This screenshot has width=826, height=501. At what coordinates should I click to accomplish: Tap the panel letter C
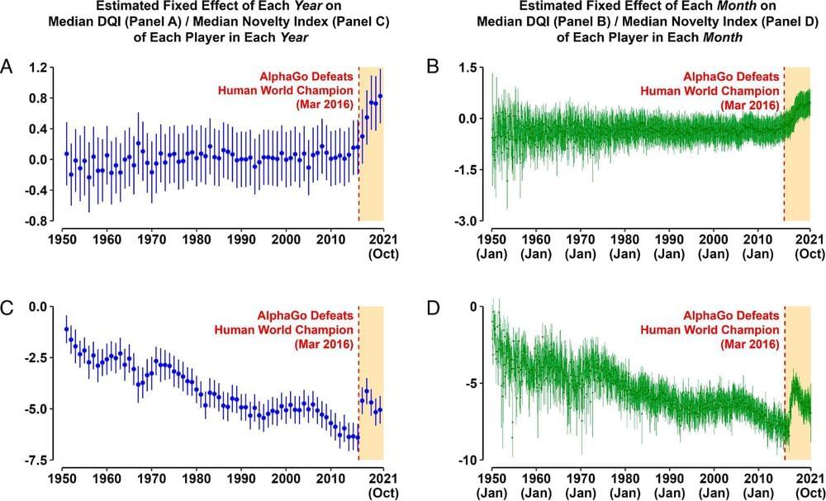pyautogui.click(x=7, y=308)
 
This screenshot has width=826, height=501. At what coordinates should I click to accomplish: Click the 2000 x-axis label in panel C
pyautogui.click(x=287, y=478)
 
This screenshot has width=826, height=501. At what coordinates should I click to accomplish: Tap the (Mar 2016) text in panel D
pyautogui.click(x=749, y=343)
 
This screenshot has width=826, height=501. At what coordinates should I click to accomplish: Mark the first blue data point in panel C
pyautogui.click(x=66, y=329)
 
